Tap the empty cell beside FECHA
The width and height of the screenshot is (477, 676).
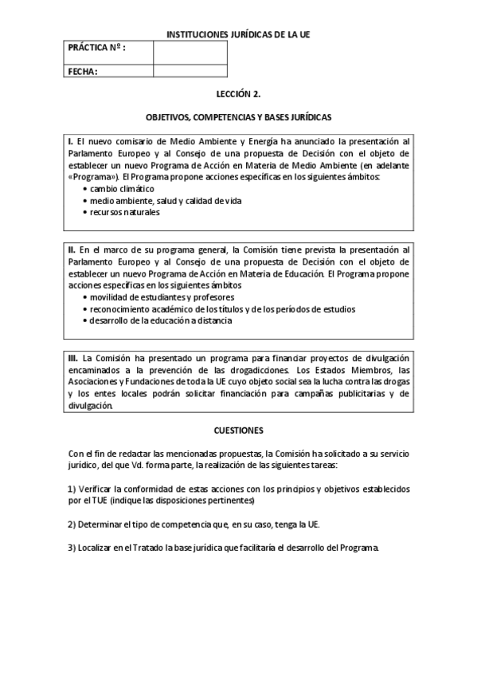pos(190,72)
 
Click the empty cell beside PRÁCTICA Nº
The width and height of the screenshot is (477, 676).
pos(190,52)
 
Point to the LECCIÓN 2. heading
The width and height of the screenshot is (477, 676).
pos(238,93)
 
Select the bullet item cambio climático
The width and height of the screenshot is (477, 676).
pos(122,189)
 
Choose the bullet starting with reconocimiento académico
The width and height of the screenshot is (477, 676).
pos(222,309)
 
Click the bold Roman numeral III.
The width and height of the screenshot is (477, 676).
pos(72,358)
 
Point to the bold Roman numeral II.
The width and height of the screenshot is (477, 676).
pos(71,250)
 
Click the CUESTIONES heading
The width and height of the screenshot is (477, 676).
pos(238,430)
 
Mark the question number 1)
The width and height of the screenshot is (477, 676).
pos(72,489)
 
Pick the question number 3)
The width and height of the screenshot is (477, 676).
pos(72,548)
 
